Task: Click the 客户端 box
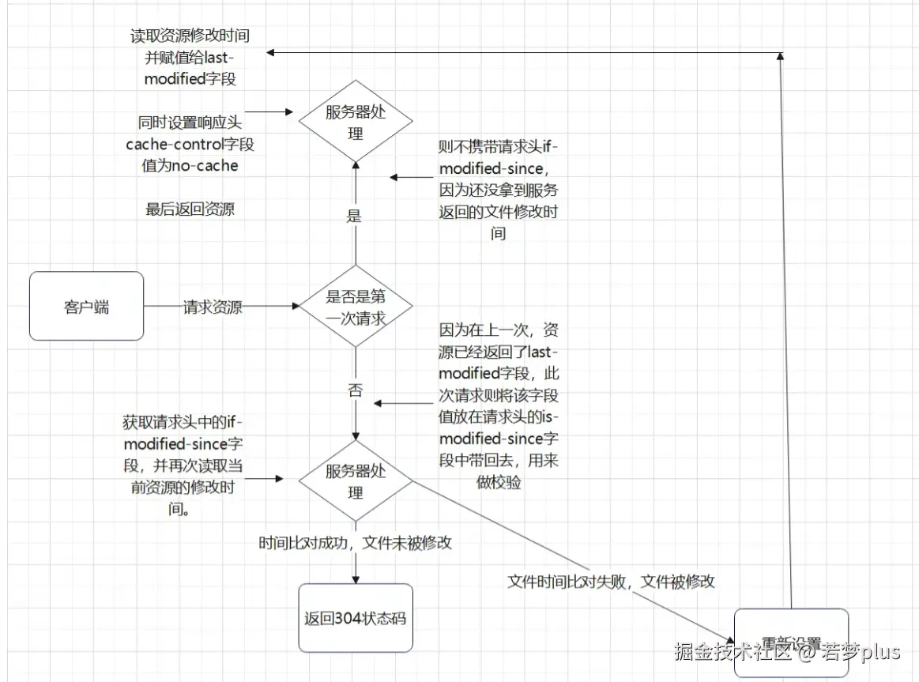86,307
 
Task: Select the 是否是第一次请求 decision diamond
356,307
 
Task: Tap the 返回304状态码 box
356,618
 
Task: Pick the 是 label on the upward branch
354,216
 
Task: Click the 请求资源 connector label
213,307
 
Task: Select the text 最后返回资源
190,209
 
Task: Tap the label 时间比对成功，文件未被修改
355,543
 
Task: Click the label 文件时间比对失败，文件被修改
611,582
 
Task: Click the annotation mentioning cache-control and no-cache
190,144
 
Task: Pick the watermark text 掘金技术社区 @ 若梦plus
787,652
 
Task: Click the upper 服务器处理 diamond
356,122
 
